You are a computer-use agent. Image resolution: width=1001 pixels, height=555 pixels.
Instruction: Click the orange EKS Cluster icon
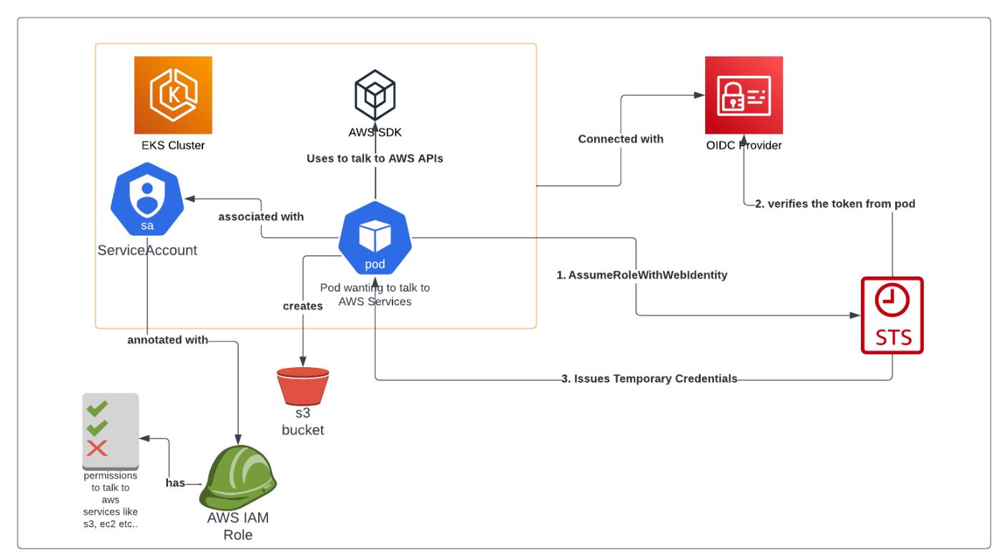pos(173,95)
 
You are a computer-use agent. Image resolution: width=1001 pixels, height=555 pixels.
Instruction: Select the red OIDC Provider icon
pos(744,95)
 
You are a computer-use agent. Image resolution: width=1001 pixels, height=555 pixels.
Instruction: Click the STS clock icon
pos(892,315)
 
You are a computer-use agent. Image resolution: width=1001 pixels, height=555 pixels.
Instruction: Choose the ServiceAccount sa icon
pos(147,201)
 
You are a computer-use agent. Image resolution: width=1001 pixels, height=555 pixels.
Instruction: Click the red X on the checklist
pos(97,449)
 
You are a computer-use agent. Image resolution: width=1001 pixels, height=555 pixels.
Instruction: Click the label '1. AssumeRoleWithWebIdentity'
pos(641,275)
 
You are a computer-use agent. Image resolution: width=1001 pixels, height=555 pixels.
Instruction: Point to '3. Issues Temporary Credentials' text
pos(649,379)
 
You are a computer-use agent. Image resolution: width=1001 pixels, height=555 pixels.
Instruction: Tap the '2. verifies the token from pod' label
pos(834,204)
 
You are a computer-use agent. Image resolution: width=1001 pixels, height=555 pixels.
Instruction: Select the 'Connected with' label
pos(621,139)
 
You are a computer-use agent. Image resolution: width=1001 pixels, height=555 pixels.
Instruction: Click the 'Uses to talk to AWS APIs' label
pos(375,158)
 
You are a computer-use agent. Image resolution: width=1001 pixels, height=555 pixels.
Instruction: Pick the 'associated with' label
pos(261,216)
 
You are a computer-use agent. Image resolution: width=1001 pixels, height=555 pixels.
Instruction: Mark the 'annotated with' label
pos(167,340)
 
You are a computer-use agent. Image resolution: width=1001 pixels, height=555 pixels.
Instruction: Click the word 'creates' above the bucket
pos(302,306)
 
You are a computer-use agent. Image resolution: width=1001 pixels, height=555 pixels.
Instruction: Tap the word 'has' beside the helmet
pos(175,483)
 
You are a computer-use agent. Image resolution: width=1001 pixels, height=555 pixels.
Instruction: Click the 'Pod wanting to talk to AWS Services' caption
pos(375,294)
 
